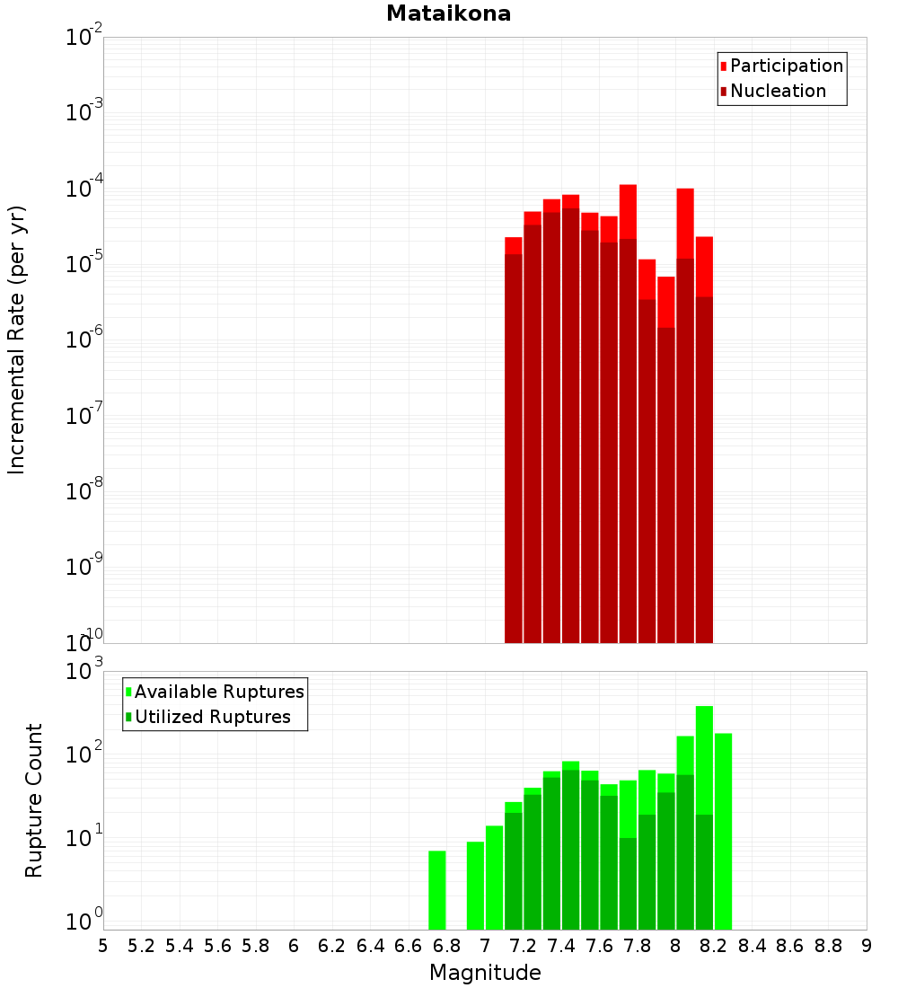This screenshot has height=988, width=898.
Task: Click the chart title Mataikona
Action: (x=448, y=14)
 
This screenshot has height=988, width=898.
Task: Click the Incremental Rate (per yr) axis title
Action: (x=17, y=340)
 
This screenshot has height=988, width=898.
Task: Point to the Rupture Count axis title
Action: (x=34, y=799)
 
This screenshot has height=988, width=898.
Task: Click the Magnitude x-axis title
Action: (x=485, y=973)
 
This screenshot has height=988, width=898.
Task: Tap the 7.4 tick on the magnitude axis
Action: (x=561, y=946)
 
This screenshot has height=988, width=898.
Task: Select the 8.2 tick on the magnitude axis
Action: (x=714, y=946)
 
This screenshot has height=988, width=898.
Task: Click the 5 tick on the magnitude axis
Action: (x=103, y=946)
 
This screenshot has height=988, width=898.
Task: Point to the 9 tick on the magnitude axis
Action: (x=867, y=946)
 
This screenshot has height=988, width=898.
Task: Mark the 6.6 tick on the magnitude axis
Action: (x=409, y=946)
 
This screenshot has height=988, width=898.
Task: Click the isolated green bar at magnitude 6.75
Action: (x=437, y=889)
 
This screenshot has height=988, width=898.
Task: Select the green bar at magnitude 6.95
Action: (x=475, y=885)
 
